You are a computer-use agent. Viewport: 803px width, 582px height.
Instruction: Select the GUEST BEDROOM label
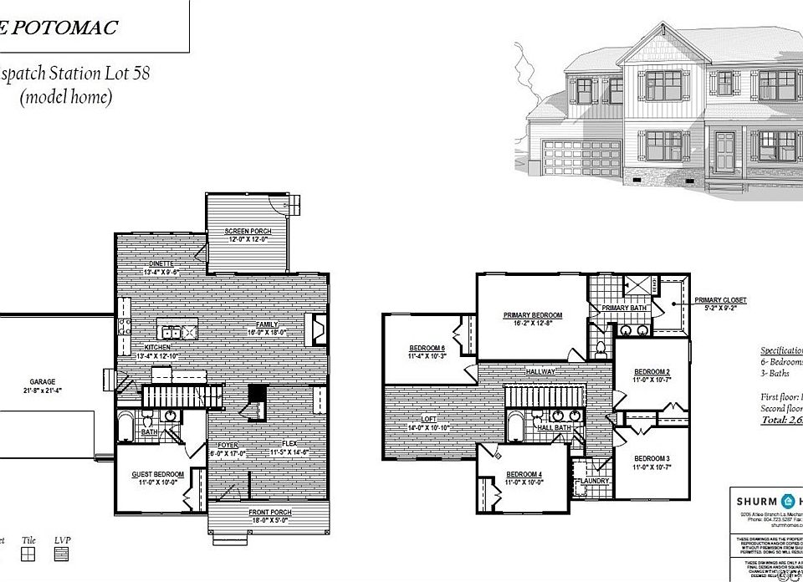158,474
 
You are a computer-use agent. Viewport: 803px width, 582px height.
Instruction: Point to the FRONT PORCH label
270,511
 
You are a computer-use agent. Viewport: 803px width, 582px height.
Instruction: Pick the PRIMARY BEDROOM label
532,315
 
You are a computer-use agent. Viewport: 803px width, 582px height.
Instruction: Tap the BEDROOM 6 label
427,348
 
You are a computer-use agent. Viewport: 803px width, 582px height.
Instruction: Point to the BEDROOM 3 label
652,458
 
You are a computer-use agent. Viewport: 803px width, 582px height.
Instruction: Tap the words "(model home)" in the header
65,97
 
